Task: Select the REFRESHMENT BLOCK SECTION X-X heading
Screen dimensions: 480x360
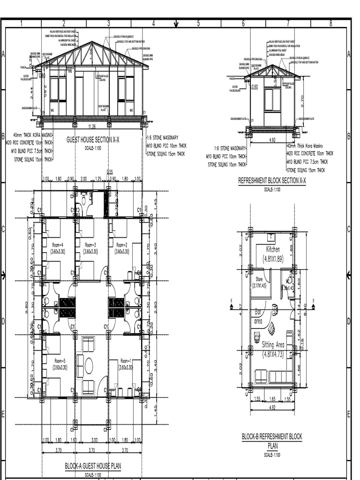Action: tap(272, 181)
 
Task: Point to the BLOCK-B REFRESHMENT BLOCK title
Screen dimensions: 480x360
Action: tap(272, 436)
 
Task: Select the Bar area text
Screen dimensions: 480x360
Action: tap(258, 316)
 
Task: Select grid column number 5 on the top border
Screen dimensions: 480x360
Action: tap(198, 23)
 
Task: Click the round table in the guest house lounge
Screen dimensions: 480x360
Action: tap(89, 366)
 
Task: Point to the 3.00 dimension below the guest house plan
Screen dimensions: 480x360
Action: tap(94, 440)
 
